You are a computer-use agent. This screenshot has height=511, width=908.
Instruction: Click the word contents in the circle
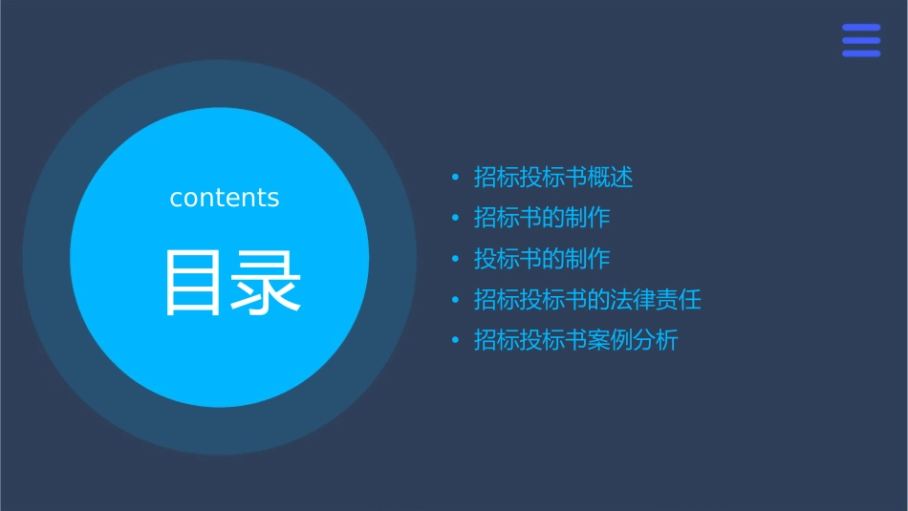pos(225,198)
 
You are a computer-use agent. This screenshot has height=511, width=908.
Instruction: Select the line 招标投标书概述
pos(553,178)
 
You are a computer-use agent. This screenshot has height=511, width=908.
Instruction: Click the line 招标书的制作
pos(542,218)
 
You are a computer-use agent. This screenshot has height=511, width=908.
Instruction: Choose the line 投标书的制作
pos(542,259)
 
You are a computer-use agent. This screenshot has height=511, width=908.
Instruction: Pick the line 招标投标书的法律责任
pos(588,300)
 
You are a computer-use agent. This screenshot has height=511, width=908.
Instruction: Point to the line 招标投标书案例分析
pos(576,340)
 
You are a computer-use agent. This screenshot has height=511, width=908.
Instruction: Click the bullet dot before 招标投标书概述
pos(456,178)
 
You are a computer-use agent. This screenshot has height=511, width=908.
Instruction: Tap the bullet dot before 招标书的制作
pos(456,219)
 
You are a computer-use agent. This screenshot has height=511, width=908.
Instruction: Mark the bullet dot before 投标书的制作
pos(456,260)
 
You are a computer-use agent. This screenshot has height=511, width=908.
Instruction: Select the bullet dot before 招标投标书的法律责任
pos(456,301)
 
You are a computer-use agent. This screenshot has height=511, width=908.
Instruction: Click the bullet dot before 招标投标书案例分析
pos(456,341)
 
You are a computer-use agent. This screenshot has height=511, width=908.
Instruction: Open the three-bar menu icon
pos(861,40)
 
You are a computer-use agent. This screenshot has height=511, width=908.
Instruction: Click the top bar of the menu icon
pos(861,27)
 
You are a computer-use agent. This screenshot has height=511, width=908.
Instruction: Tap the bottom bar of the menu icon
pos(861,53)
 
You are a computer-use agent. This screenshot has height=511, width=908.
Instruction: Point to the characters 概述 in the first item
pos(611,178)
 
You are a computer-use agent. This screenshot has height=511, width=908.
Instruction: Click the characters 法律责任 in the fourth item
pos(656,300)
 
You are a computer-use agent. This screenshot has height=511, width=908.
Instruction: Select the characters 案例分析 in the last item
pos(633,340)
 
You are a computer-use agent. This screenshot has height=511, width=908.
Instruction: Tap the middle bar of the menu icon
pos(861,40)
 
